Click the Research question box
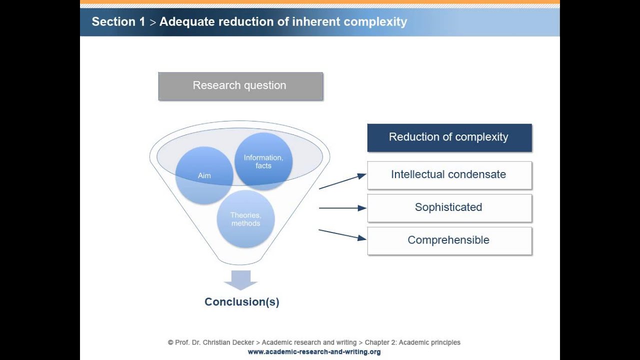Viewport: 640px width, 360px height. tap(240, 86)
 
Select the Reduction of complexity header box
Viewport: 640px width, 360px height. tap(449, 137)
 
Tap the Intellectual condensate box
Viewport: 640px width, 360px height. tap(449, 175)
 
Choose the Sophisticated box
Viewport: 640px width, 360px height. tap(449, 207)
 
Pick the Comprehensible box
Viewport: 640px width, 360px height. tap(449, 240)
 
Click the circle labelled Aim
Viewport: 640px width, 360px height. tap(204, 175)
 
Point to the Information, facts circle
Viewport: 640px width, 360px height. tap(263, 161)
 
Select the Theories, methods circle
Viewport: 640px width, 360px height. tap(245, 219)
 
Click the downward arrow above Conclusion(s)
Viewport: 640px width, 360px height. tap(240, 280)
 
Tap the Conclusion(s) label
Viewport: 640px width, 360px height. tap(242, 302)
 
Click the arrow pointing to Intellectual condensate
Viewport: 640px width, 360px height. tap(342, 181)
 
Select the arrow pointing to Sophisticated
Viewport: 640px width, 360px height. tap(342, 208)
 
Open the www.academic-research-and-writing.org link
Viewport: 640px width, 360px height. tap(314, 352)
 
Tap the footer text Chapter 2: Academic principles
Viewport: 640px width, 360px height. tap(412, 342)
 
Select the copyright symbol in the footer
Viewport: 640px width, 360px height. tap(170, 342)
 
